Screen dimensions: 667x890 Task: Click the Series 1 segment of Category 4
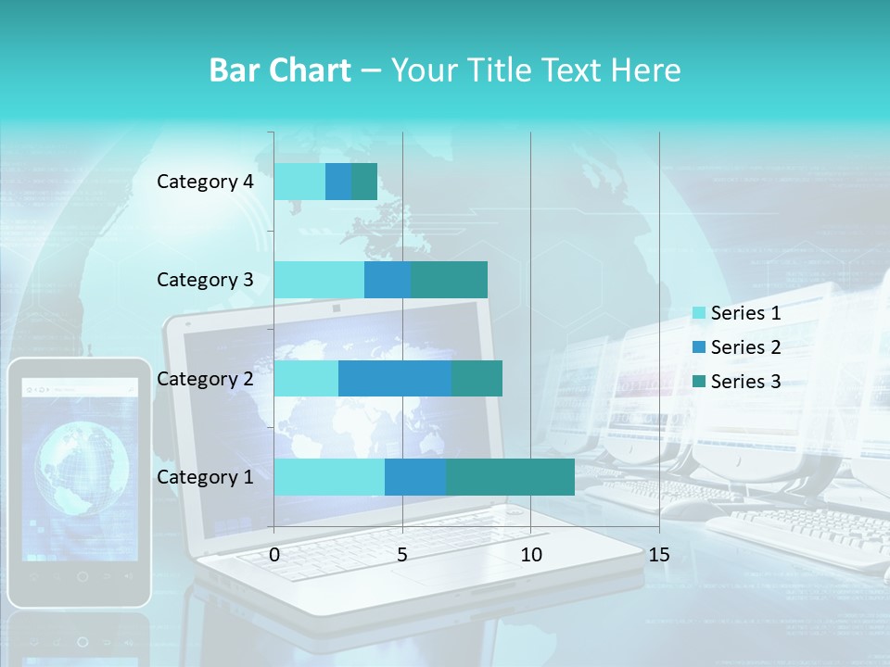tap(299, 182)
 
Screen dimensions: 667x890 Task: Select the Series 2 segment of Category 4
tap(338, 182)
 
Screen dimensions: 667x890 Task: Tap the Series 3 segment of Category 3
tap(449, 280)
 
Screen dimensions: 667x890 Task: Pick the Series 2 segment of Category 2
tap(395, 378)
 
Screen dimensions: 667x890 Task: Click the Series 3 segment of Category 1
tap(510, 477)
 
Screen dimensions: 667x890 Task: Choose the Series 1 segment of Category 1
tap(329, 477)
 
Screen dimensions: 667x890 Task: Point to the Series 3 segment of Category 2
tap(477, 378)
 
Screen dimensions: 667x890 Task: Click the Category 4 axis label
tap(205, 182)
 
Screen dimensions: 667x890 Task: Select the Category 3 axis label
tap(205, 280)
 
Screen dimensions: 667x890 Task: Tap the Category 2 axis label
tap(205, 378)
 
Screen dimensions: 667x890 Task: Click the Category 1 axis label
tap(205, 477)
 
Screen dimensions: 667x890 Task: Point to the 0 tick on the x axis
tap(274, 555)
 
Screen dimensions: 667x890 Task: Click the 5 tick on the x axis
tap(402, 555)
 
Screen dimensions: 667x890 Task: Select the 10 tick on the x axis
tap(530, 555)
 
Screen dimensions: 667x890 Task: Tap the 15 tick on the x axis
tap(659, 555)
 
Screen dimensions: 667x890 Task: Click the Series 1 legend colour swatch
tap(698, 313)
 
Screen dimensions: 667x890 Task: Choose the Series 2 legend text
tap(745, 347)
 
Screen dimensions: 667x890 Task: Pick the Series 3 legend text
tap(745, 382)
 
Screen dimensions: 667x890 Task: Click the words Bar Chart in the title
tap(280, 70)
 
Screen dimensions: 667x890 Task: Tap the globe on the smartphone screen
tap(82, 468)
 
